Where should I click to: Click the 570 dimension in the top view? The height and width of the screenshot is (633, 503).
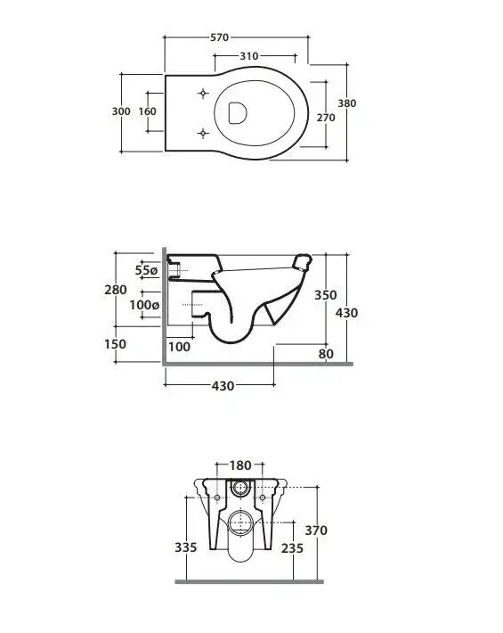pos(220,37)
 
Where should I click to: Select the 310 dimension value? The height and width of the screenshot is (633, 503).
pos(249,56)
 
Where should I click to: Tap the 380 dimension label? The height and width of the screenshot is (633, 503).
pos(347,103)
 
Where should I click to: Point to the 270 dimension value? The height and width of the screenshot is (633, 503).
pos(326,118)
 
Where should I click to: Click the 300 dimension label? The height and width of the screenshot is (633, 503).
pos(121,111)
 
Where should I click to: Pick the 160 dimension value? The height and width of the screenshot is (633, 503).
pos(147,111)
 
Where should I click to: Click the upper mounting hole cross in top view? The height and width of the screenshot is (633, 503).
pos(204,94)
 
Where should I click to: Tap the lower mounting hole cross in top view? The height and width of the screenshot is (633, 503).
pos(204,133)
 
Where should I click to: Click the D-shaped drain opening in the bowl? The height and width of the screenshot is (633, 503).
pos(238,112)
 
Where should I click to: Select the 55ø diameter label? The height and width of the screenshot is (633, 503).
pos(146,270)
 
